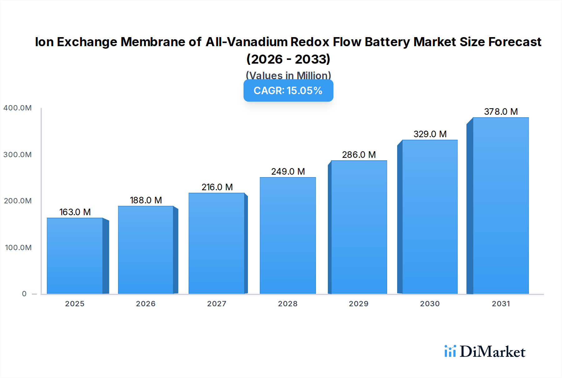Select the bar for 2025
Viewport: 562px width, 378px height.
coord(75,256)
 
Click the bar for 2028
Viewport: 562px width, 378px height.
coord(288,236)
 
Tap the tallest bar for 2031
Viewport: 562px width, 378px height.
coord(500,206)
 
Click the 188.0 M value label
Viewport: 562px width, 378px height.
coord(146,200)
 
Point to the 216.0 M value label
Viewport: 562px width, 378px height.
coord(217,187)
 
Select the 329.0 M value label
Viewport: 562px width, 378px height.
coord(430,134)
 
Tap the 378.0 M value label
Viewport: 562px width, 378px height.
coord(501,112)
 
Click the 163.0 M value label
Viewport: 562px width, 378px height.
coord(75,212)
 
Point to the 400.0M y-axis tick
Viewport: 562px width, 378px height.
coord(17,108)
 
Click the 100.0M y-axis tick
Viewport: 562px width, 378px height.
coord(18,248)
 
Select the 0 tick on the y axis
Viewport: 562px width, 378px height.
coord(24,294)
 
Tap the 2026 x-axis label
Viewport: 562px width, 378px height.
coord(145,304)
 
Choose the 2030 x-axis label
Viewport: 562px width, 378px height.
coord(430,304)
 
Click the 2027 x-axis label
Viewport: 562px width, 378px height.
coord(217,304)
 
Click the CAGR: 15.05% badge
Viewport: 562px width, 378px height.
coord(288,90)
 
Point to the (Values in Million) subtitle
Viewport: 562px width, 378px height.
coord(288,75)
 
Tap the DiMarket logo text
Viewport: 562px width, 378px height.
coord(492,352)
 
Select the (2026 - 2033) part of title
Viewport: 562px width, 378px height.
coord(288,59)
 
